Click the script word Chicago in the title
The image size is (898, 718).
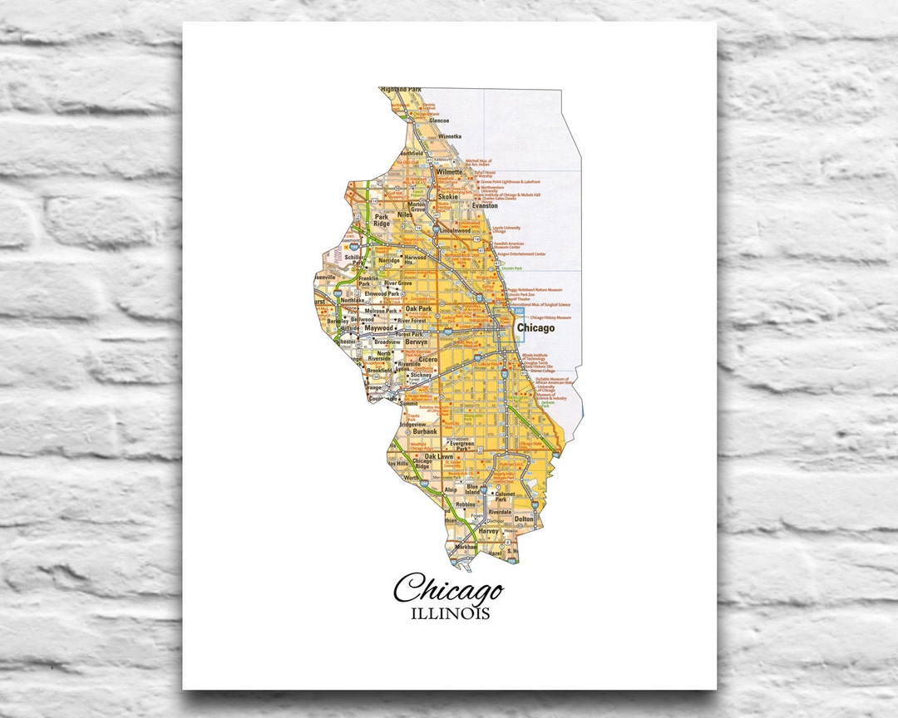pos(448,589)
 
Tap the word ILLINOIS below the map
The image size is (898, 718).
pos(449,615)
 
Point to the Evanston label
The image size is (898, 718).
pos(484,205)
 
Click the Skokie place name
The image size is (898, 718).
pos(448,197)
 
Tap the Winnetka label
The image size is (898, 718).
pos(449,135)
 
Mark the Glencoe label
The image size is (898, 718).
pos(438,120)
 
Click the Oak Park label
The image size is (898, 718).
pos(418,308)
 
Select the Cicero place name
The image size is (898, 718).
pos(428,360)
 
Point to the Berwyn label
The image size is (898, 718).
pos(416,342)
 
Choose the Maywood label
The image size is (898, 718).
pos(378,327)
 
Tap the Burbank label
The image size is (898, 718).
pos(424,432)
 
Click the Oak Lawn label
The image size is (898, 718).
pos(438,456)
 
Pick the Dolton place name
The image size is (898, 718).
pos(524,519)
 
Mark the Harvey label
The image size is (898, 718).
pos(488,531)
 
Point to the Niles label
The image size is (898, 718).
pos(405,214)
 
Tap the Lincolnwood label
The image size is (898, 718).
pos(456,229)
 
